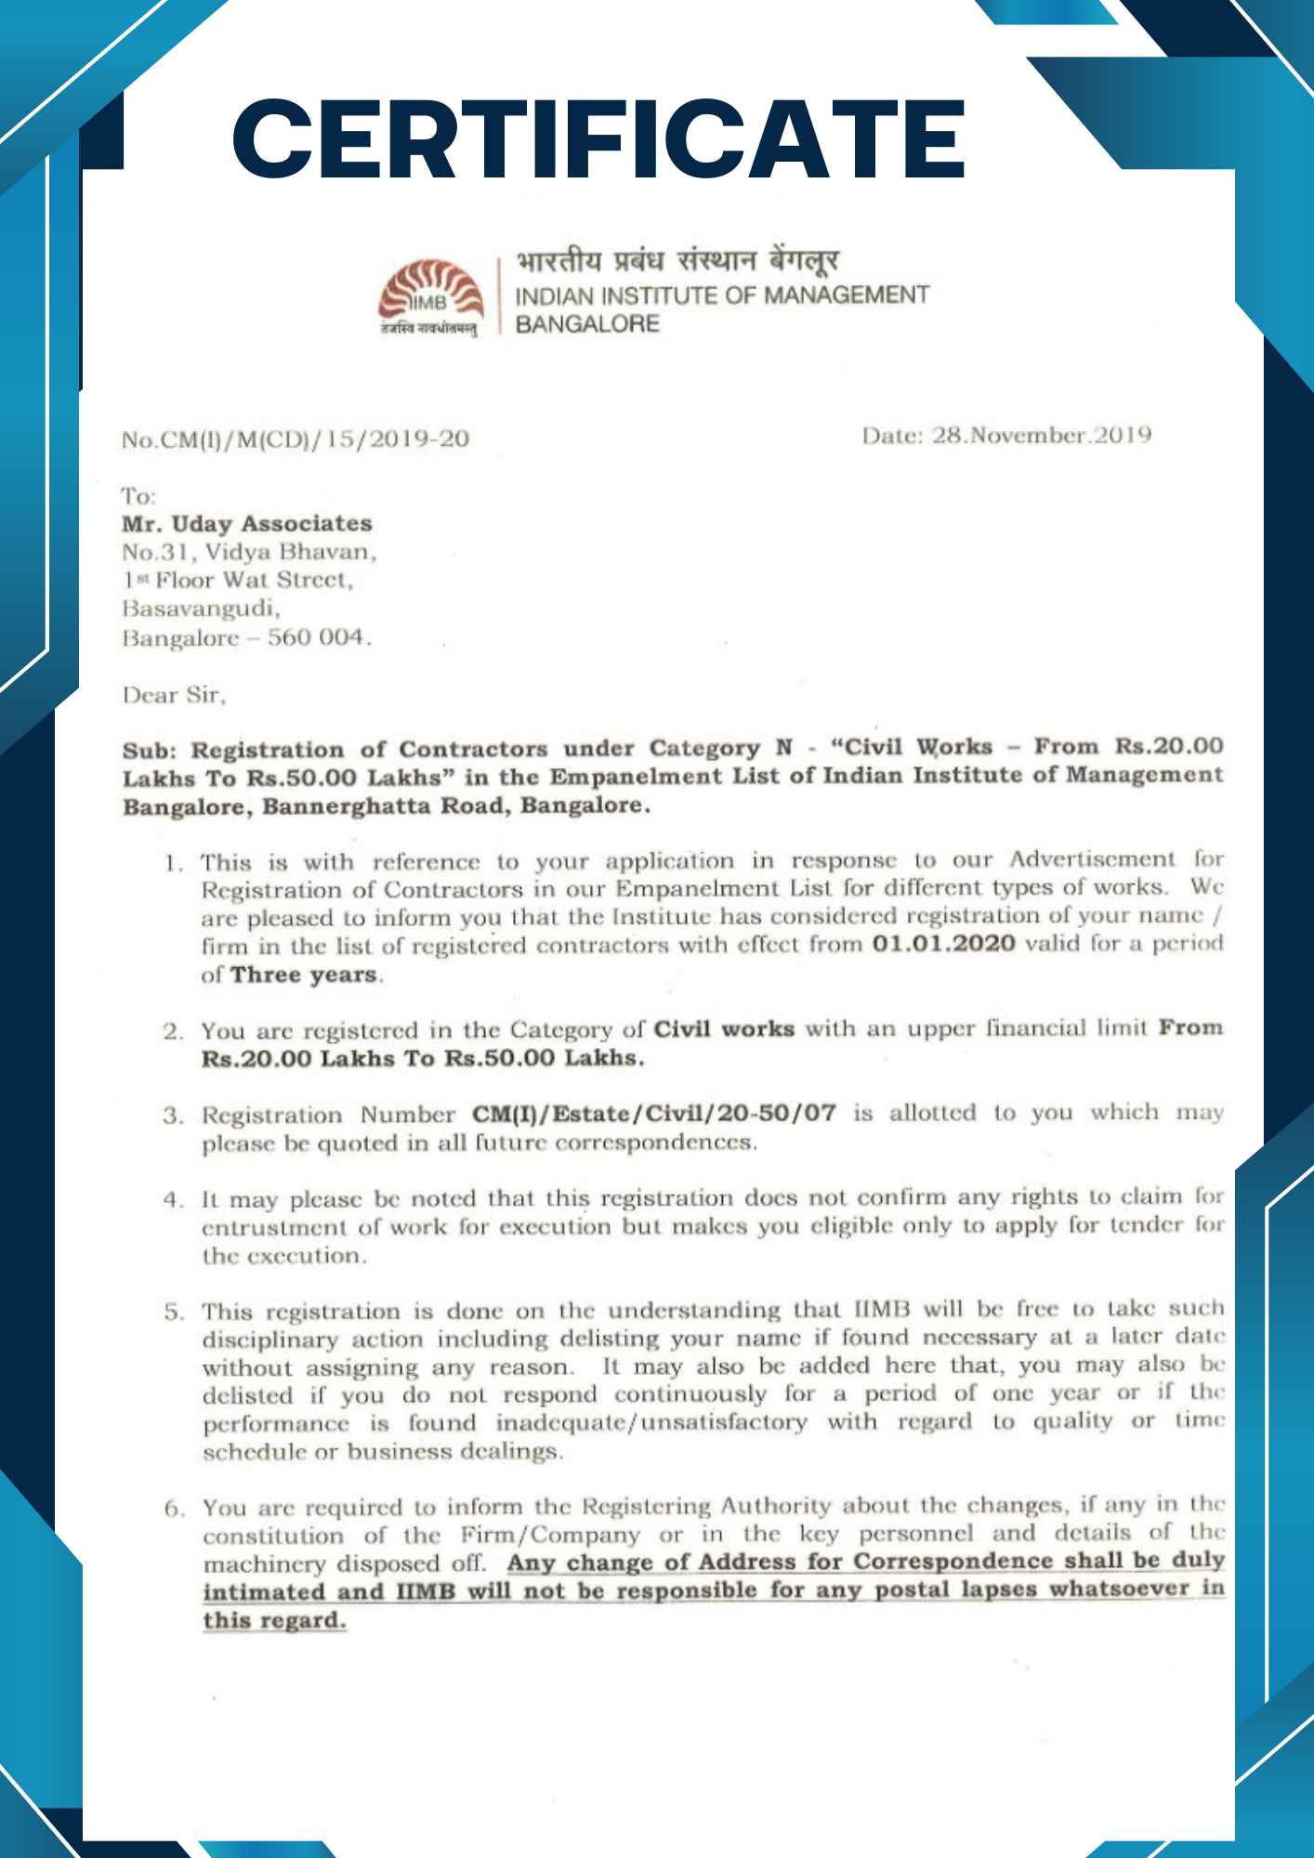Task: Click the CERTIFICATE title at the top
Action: [599, 139]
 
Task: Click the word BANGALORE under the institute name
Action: [587, 324]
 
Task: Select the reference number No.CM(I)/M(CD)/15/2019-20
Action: [296, 438]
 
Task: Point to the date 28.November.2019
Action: [1041, 435]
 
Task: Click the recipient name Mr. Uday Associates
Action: [247, 524]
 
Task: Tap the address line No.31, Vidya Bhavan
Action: [249, 553]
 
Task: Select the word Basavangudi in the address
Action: [201, 608]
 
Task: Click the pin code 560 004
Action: [318, 638]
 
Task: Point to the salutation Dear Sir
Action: [174, 695]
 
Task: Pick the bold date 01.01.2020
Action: [943, 945]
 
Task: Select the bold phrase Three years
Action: [304, 975]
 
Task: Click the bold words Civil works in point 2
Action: [724, 1029]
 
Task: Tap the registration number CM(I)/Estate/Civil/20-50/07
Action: [653, 1113]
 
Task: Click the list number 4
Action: [173, 1199]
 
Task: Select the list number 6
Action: [174, 1509]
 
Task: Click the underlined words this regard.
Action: [274, 1620]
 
